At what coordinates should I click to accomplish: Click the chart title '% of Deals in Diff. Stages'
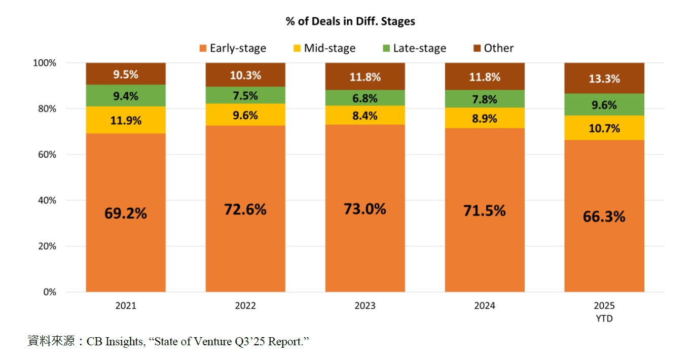(x=350, y=21)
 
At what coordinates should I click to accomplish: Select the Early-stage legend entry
(x=233, y=48)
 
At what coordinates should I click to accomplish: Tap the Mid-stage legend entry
(x=324, y=48)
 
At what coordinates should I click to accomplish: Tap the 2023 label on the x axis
(x=365, y=306)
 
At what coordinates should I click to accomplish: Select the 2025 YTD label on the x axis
(x=604, y=311)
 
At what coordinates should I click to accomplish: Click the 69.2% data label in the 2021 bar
(x=126, y=213)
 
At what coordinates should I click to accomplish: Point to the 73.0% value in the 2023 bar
(x=365, y=208)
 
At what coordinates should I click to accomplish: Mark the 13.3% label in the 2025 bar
(x=604, y=79)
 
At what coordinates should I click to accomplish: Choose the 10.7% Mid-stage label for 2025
(x=604, y=128)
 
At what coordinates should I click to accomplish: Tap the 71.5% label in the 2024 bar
(x=485, y=210)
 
